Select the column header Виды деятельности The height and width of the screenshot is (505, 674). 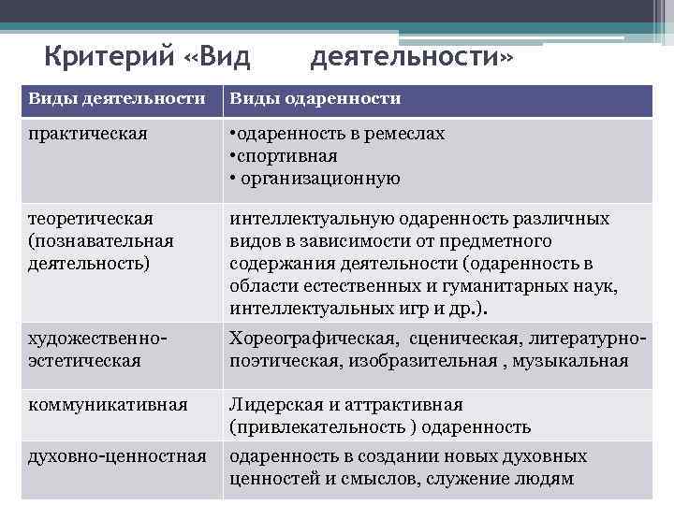pyautogui.click(x=116, y=98)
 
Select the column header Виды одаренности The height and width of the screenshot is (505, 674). pyautogui.click(x=315, y=98)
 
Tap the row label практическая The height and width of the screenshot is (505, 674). pyautogui.click(x=88, y=134)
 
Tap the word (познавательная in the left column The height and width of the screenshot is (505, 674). pyautogui.click(x=101, y=240)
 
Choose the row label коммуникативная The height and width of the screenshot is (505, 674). pyautogui.click(x=108, y=405)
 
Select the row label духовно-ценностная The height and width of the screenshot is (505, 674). pyautogui.click(x=117, y=456)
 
